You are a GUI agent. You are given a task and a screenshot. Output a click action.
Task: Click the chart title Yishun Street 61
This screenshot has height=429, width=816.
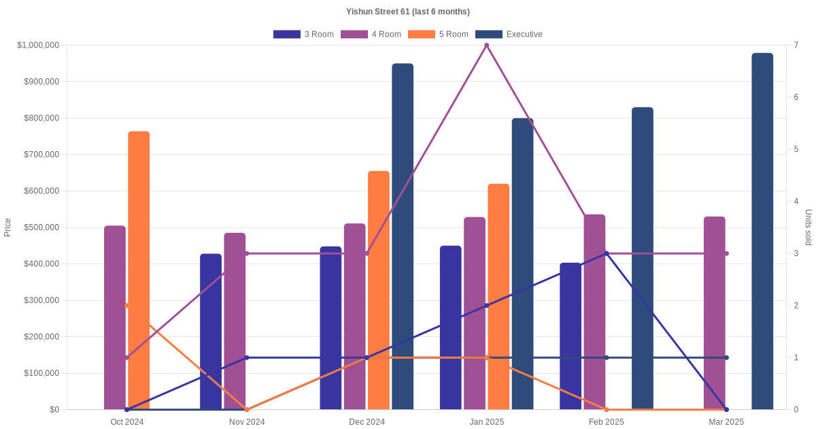[407, 12]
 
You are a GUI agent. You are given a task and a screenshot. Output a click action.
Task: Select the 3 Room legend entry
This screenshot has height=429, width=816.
[303, 34]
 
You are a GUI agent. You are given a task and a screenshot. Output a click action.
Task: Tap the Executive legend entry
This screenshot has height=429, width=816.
[509, 34]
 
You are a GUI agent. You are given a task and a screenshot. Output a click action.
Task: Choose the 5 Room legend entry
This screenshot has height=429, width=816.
[438, 34]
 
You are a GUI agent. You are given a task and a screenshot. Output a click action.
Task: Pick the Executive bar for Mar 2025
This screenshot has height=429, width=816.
[762, 232]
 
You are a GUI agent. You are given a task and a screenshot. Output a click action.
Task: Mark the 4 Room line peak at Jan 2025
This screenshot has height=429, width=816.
[486, 46]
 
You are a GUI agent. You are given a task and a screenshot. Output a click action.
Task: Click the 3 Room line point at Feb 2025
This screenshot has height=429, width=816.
[607, 253]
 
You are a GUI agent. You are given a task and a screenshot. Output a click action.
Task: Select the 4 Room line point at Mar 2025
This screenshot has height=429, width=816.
[726, 253]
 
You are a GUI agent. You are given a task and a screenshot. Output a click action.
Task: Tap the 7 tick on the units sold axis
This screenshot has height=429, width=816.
[796, 45]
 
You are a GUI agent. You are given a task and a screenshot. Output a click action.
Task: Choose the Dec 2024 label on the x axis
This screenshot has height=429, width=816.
[367, 422]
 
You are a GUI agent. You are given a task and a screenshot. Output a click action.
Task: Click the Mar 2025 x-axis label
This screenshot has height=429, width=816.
[726, 422]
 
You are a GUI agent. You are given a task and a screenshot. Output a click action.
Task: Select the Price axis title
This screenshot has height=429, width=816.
[7, 227]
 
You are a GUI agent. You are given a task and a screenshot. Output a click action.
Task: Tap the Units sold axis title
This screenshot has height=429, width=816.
[809, 227]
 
